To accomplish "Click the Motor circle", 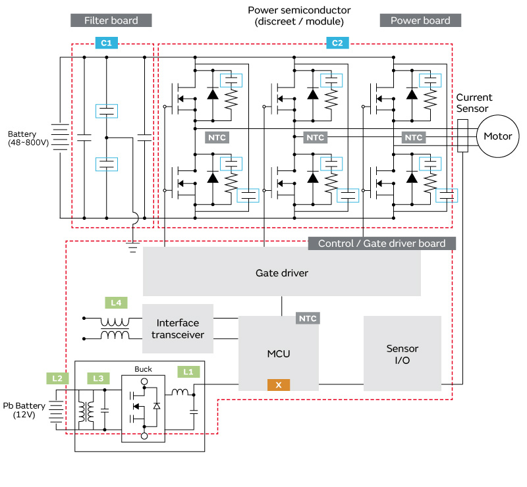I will tap(498, 137).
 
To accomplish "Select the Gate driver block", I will tap(281, 272).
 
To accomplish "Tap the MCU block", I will tap(279, 353).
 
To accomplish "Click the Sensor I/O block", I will tap(402, 354).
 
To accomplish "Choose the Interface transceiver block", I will tap(178, 328).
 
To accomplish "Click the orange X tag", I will tap(279, 384).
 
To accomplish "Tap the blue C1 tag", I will tap(106, 43).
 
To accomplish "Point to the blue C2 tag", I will tap(337, 43).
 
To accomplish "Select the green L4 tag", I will tap(116, 303).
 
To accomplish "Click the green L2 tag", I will tap(57, 378).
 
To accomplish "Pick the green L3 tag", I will tap(98, 378).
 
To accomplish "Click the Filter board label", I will tap(111, 20).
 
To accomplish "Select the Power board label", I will tap(420, 20).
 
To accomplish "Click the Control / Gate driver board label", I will tap(381, 244).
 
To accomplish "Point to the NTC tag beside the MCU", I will tap(308, 319).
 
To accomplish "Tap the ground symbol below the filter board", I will tap(133, 247).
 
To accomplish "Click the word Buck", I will tap(143, 369).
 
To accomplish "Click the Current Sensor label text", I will tap(474, 103).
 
